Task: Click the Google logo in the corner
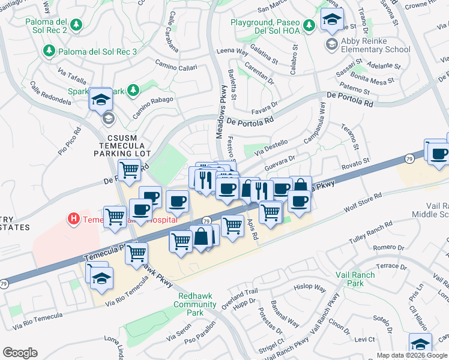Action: [x=20, y=353]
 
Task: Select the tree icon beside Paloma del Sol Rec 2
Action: [x=76, y=25]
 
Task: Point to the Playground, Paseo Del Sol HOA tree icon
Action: [x=309, y=25]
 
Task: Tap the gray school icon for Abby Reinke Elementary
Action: [x=331, y=44]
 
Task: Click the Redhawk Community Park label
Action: [x=195, y=304]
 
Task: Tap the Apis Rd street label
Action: [x=252, y=229]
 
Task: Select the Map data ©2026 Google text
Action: [x=412, y=355]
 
